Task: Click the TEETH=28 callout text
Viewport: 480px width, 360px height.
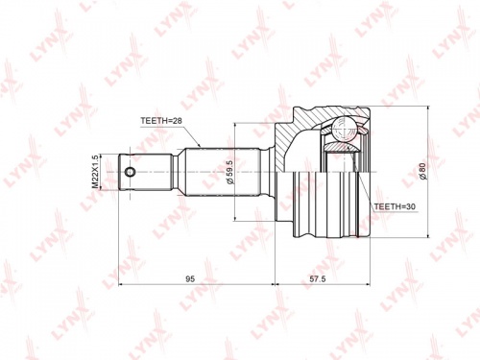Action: (161, 121)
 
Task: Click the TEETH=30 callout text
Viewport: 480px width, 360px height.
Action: (395, 206)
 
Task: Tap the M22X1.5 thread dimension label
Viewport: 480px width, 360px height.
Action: (95, 172)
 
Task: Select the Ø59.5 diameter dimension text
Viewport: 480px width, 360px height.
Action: (230, 172)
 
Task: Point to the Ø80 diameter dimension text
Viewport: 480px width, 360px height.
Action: (422, 171)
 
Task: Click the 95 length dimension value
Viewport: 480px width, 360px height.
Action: (190, 279)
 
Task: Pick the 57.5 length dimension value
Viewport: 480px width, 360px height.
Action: (318, 279)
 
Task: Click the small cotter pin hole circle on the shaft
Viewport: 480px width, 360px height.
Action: (130, 172)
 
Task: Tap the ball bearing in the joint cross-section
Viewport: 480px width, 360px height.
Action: (344, 129)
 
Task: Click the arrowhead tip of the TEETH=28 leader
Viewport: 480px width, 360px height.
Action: (200, 148)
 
